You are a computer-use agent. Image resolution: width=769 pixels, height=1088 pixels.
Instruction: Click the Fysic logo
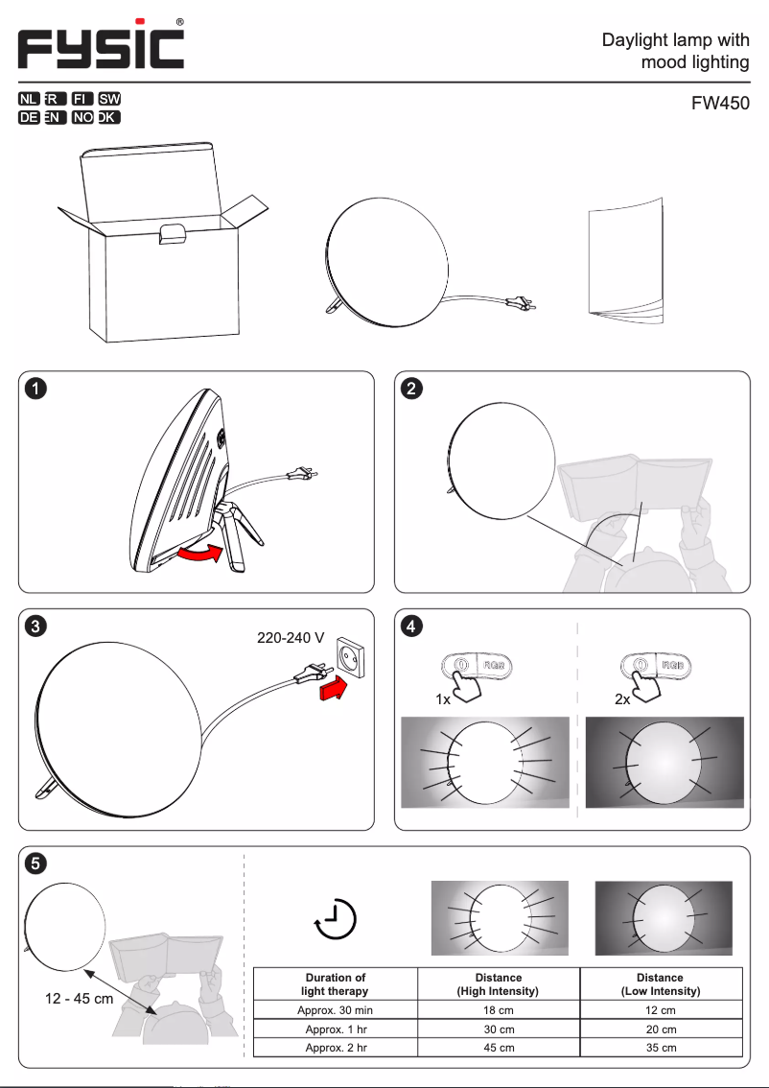[101, 45]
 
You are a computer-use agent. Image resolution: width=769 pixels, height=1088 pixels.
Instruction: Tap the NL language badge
[28, 100]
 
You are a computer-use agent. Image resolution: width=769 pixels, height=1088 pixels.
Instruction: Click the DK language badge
[109, 118]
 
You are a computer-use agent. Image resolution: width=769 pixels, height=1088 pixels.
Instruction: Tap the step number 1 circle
[35, 389]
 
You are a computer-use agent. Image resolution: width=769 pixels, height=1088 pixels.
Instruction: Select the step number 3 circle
[35, 627]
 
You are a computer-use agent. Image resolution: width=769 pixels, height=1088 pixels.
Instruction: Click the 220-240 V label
[291, 638]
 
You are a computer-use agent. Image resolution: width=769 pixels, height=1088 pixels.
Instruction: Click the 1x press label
[443, 700]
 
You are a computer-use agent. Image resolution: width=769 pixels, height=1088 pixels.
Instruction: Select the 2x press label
[622, 700]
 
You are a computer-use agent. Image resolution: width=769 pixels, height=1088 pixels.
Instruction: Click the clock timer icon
[336, 919]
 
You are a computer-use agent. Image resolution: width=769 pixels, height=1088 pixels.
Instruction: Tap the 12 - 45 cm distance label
[79, 999]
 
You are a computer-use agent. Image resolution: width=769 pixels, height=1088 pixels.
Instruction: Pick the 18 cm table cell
[499, 1010]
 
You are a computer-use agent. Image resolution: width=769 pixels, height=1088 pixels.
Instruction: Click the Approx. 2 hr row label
[336, 1048]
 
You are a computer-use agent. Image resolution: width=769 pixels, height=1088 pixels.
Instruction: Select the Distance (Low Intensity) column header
[660, 984]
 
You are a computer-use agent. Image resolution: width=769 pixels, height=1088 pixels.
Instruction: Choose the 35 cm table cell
[660, 1048]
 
